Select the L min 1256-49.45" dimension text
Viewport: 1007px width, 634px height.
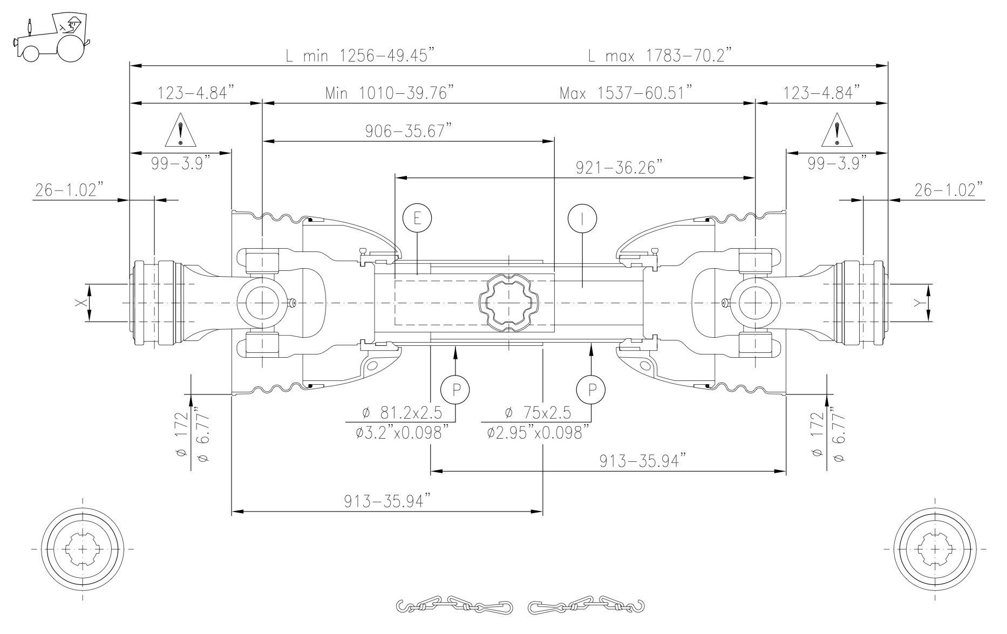pos(360,55)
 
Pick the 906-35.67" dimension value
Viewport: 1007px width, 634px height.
pos(408,131)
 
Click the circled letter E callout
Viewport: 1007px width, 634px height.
pos(417,219)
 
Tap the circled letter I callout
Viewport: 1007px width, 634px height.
pos(582,219)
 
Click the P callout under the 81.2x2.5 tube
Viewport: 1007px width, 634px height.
pos(455,389)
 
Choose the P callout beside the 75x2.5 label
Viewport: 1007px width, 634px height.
pos(591,389)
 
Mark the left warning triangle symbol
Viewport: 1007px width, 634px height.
pos(181,131)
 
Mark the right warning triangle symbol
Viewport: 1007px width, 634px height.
pos(837,131)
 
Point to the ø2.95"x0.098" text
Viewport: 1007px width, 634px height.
pos(535,432)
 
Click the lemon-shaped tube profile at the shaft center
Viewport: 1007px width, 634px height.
pos(508,303)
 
